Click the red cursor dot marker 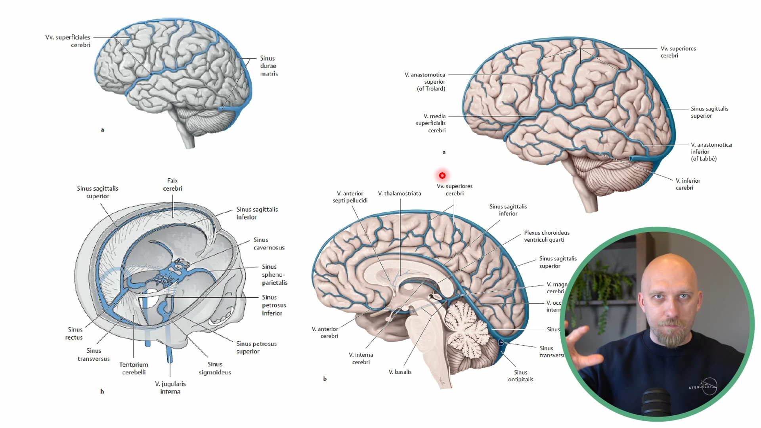point(442,176)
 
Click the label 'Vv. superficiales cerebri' point(68,41)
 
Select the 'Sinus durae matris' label point(269,66)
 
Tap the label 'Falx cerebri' point(172,185)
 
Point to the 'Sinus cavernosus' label point(269,244)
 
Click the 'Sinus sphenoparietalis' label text point(274,275)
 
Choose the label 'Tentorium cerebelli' point(134,368)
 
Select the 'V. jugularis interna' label point(170,388)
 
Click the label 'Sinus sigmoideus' point(214,368)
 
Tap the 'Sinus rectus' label point(74,333)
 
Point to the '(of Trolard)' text point(431,89)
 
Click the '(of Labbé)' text point(704,159)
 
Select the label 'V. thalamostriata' point(399,193)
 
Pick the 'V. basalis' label point(400,372)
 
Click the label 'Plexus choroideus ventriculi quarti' point(547,236)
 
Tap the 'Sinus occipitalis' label point(520,376)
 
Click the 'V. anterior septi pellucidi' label point(350,197)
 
